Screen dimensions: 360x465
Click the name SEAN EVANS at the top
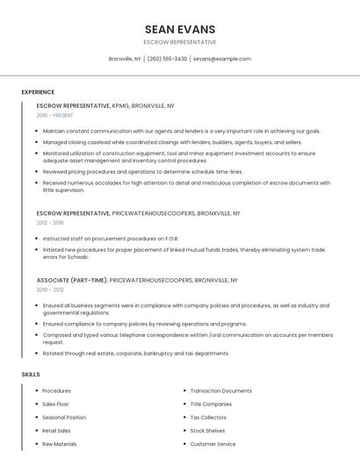point(179,29)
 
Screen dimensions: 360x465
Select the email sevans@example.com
point(221,59)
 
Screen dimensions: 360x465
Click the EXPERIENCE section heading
point(38,92)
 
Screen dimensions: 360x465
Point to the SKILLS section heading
point(31,375)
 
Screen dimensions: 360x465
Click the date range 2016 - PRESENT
point(55,115)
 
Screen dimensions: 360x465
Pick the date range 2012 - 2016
point(50,223)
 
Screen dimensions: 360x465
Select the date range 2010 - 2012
point(50,290)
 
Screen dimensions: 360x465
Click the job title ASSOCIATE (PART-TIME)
point(72,280)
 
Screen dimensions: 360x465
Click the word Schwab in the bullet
point(76,257)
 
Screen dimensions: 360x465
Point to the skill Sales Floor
point(56,404)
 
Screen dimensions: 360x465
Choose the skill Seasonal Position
point(64,418)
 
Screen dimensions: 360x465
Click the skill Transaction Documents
point(221,390)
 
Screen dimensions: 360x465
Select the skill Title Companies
point(211,404)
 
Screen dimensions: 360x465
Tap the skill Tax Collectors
point(208,418)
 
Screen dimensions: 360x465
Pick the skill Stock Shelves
point(208,431)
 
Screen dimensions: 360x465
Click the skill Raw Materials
point(59,444)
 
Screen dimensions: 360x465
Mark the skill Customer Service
point(212,444)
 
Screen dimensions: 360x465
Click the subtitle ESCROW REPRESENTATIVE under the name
point(179,42)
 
